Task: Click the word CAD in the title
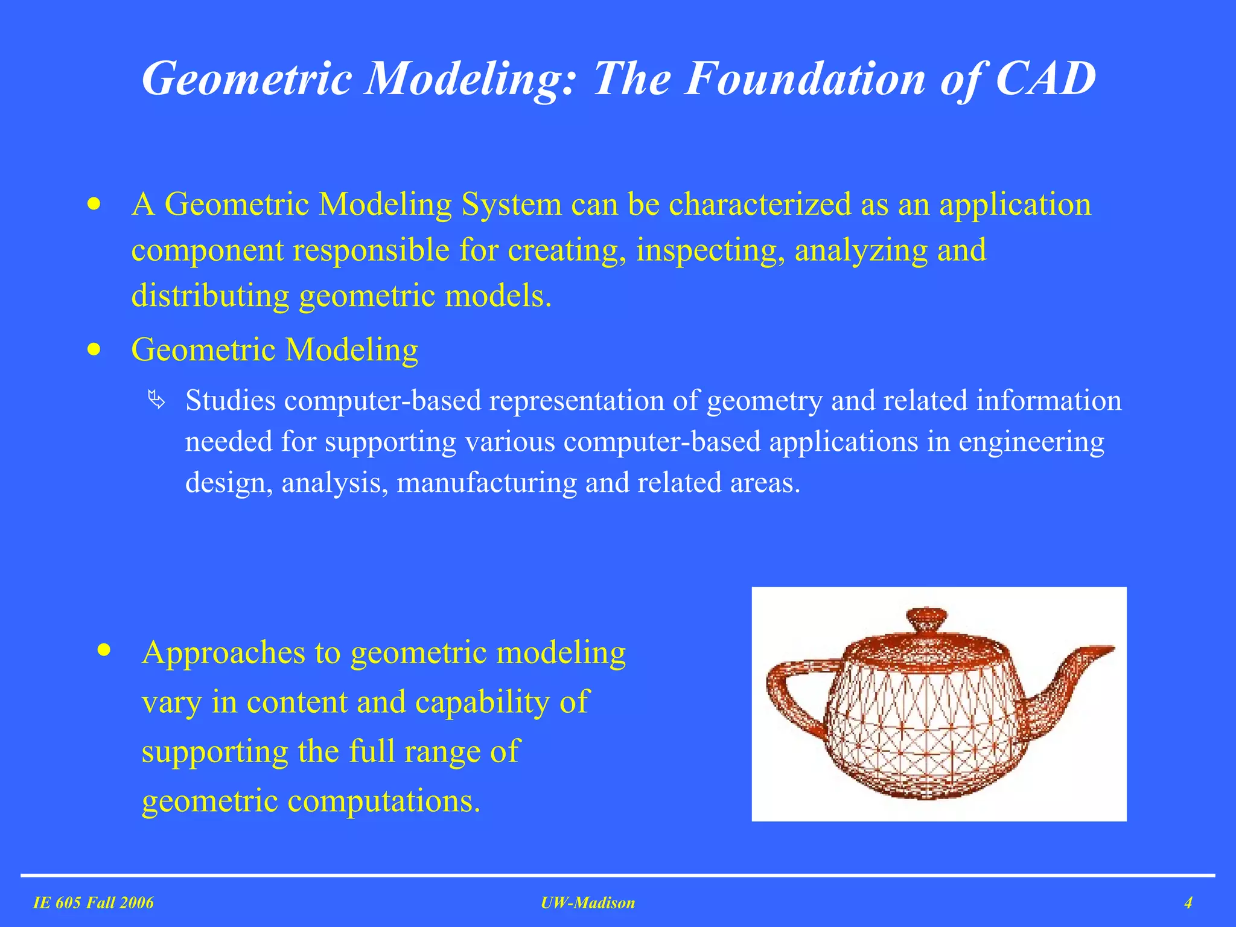1045,78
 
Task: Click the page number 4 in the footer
1188,903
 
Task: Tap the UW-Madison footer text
588,903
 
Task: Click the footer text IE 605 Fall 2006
94,903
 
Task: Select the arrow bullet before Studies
156,400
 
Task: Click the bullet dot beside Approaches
104,650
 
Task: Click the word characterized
760,204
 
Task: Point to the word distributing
210,296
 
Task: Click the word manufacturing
486,483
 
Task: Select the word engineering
1031,442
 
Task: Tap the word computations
384,801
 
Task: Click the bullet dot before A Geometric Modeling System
94,204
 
